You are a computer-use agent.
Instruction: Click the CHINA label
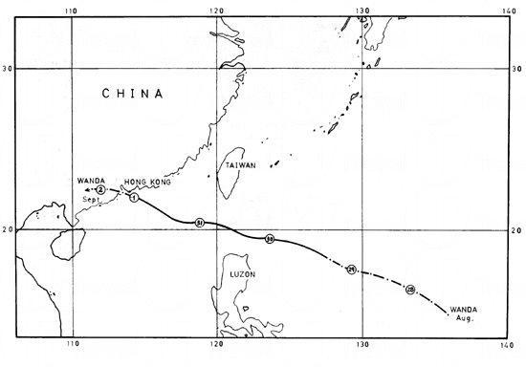[132, 94]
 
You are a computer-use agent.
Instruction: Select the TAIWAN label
[240, 165]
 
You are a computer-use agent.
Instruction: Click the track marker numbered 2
[100, 190]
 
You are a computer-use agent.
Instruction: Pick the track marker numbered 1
[134, 198]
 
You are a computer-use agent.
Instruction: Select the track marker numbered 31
[199, 222]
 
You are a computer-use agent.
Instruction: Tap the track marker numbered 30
[270, 239]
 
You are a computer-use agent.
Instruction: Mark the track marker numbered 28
[410, 289]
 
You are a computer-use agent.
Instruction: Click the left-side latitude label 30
[8, 69]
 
